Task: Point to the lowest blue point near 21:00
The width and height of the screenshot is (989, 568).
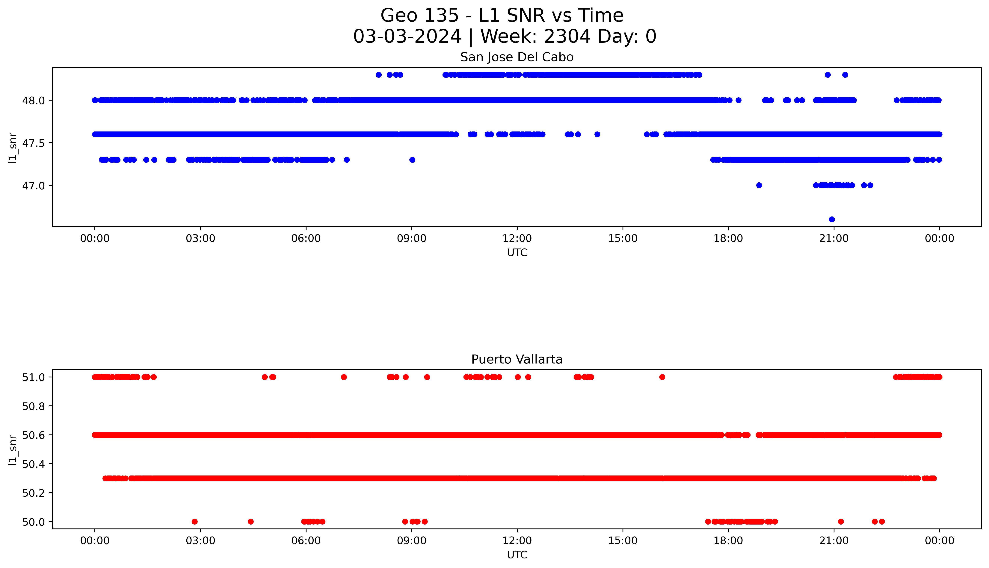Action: [x=831, y=219]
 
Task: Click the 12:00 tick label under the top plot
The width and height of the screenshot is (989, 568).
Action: [x=517, y=238]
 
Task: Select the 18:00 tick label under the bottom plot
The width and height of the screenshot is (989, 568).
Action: [x=728, y=541]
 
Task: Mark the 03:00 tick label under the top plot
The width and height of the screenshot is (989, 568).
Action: [x=200, y=238]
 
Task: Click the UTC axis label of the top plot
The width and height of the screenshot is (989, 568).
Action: [x=517, y=253]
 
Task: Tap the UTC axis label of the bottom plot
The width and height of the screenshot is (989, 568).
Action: [x=517, y=555]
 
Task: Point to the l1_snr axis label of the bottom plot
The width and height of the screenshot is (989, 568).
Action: [x=13, y=450]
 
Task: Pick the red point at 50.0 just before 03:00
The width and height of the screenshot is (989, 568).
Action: [x=194, y=522]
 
